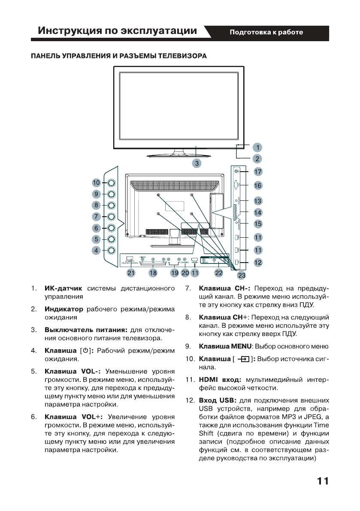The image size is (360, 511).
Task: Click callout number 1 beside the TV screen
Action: pos(257,147)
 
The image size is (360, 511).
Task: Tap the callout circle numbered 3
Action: pos(197,163)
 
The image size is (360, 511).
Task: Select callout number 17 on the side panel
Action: pos(257,171)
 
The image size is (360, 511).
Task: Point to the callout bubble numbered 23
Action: pos(242,276)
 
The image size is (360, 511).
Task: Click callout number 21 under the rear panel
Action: pos(130,272)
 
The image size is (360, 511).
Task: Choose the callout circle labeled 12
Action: pos(257,262)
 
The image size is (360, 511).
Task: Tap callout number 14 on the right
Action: pos(257,212)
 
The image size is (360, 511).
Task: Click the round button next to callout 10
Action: pos(111,183)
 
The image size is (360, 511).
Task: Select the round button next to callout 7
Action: pos(111,217)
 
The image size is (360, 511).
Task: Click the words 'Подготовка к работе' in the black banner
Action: pos(266,32)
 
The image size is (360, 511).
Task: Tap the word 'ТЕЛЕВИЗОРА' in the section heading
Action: pos(183,56)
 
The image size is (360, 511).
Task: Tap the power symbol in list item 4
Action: pos(86,351)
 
